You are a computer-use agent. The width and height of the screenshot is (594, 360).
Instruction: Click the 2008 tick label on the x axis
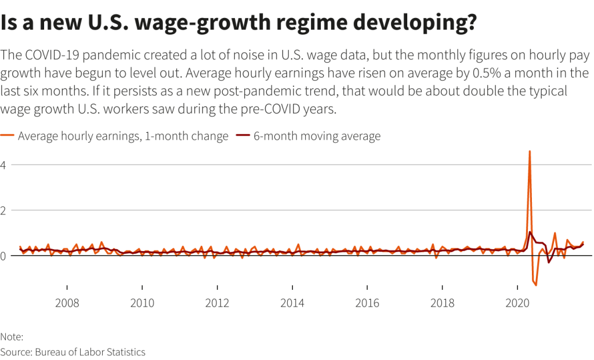point(67,303)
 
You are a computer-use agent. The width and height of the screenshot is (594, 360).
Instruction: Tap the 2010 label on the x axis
point(142,303)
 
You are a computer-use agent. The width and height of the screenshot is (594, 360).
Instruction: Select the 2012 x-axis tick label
point(218,303)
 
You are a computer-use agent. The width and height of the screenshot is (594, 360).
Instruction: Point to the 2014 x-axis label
point(292,303)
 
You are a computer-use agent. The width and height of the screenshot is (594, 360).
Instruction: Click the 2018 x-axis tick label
point(443,303)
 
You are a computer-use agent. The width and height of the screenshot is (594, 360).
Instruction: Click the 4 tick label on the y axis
point(3,165)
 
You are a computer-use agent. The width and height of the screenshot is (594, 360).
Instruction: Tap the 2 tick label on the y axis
point(3,210)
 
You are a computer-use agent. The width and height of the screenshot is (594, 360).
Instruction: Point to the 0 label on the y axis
point(3,256)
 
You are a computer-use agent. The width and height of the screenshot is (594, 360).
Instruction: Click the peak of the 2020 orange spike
point(530,151)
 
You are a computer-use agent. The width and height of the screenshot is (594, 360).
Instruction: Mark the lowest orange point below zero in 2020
point(536,285)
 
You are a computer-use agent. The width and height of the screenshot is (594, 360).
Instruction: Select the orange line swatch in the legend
point(8,137)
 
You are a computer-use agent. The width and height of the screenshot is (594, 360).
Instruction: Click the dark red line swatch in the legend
point(242,137)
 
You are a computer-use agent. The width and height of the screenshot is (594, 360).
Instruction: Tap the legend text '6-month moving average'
point(317,137)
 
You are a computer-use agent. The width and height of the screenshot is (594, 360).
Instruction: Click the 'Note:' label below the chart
point(11,337)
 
